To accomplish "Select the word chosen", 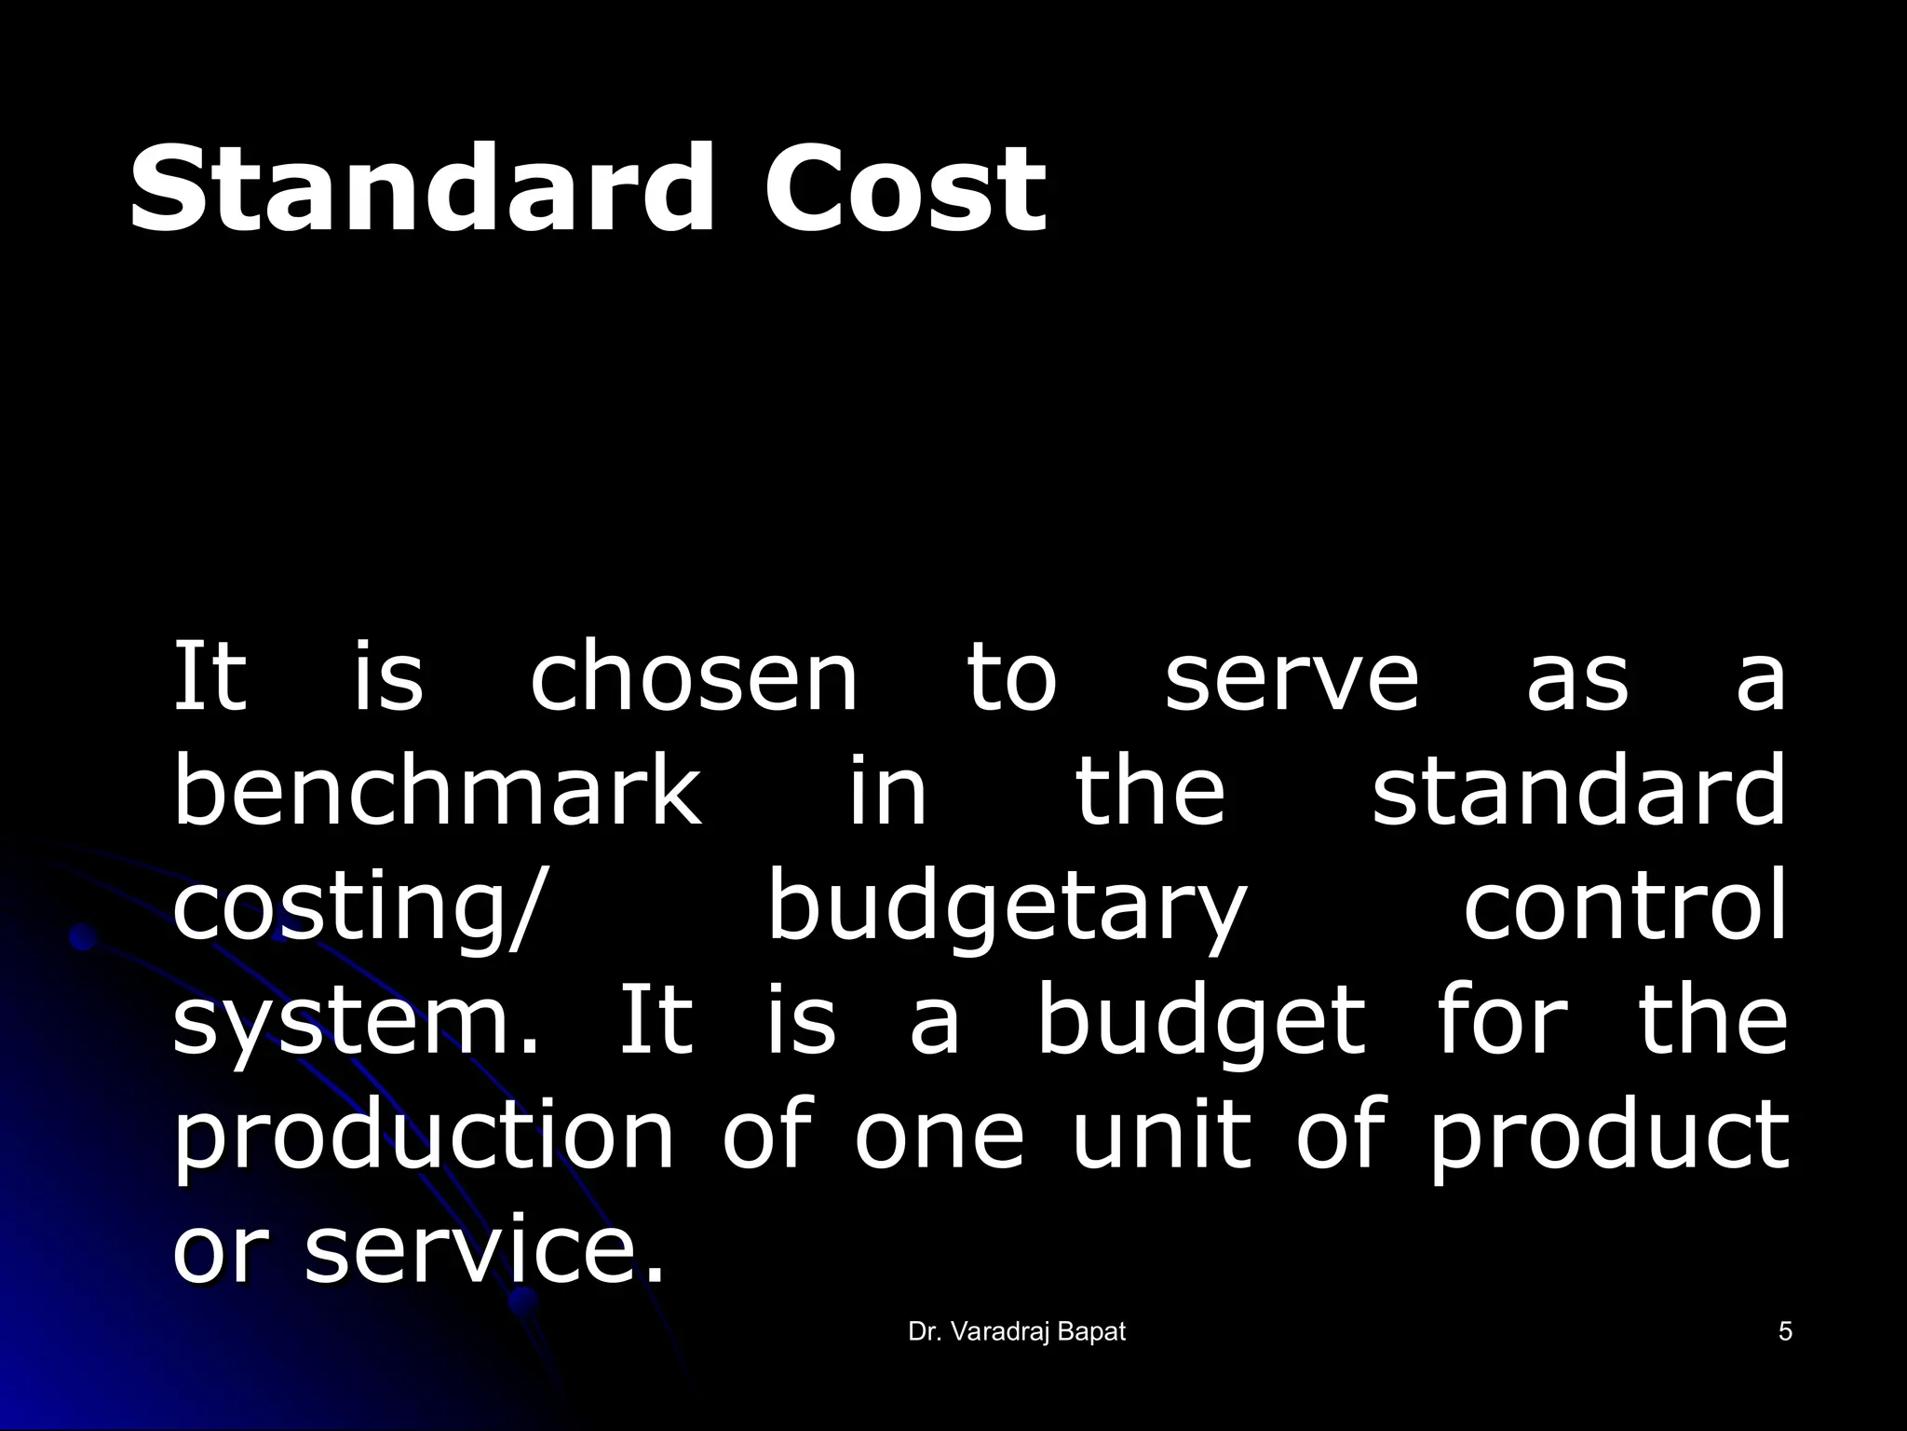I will tap(694, 677).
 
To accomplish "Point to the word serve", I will tap(1292, 677).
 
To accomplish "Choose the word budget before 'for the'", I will tap(1201, 1020).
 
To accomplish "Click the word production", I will tap(424, 1136).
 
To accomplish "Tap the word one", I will tap(939, 1136).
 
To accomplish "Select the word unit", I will tap(1161, 1134).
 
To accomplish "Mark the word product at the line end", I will tap(1609, 1136).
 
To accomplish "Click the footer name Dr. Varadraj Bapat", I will tap(1017, 1332).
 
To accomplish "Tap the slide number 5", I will tap(1785, 1332).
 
